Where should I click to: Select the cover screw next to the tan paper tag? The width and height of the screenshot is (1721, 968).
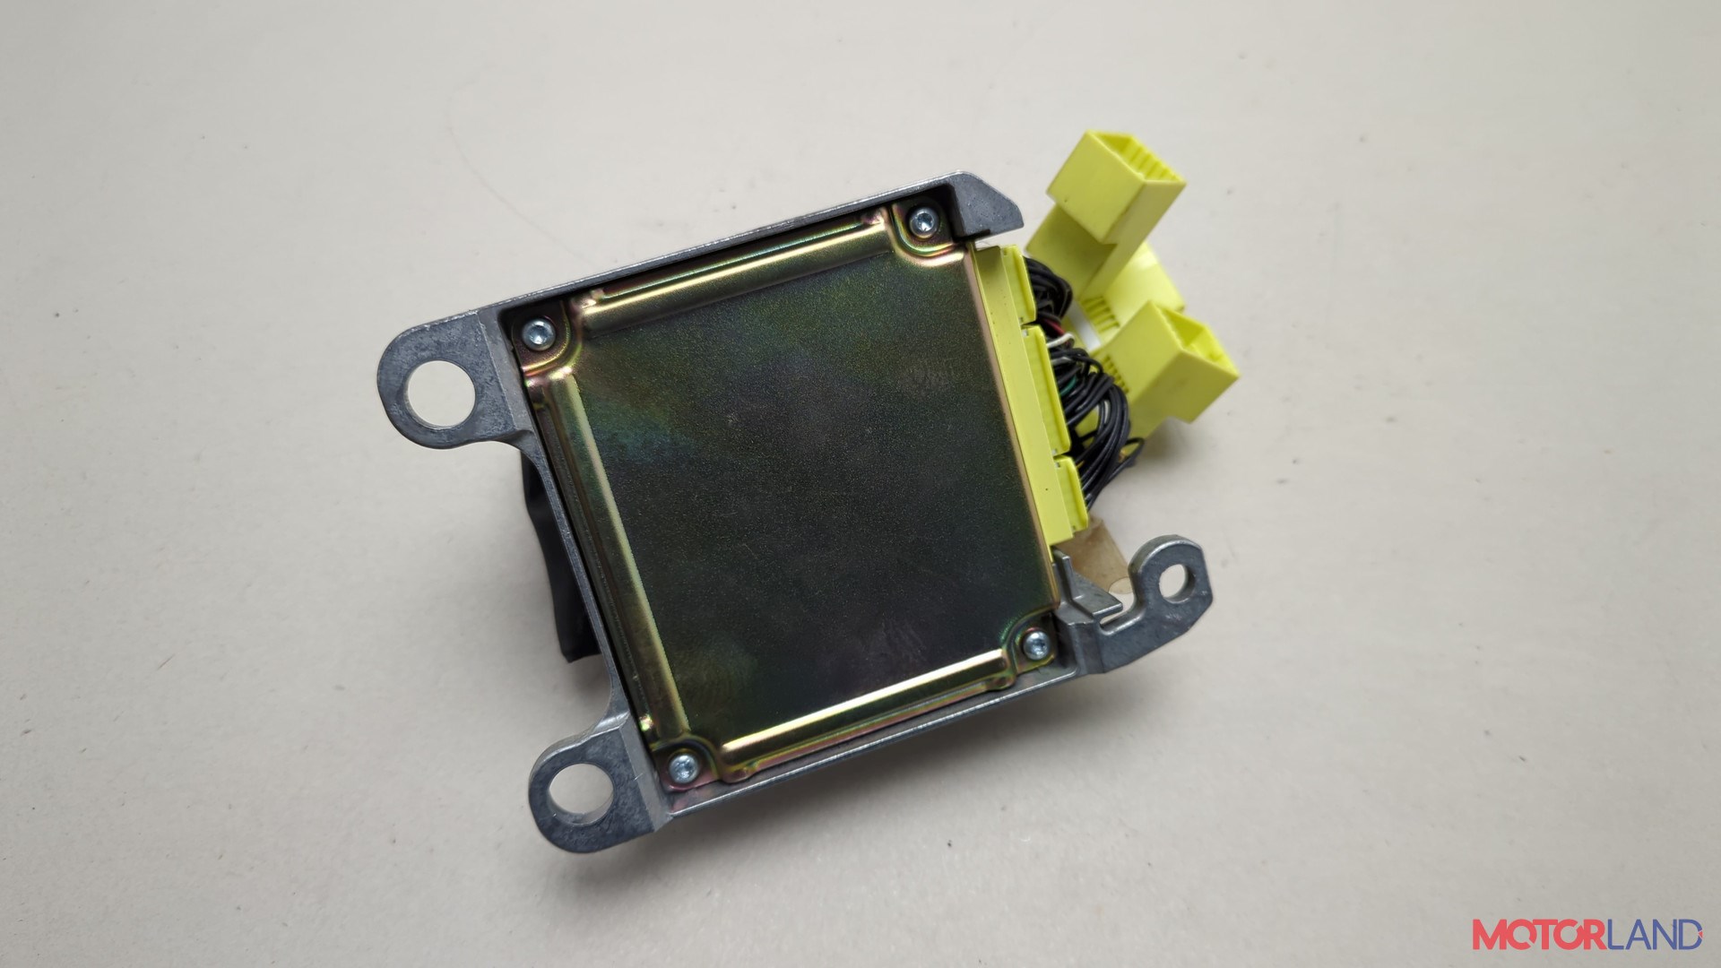tap(1036, 641)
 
